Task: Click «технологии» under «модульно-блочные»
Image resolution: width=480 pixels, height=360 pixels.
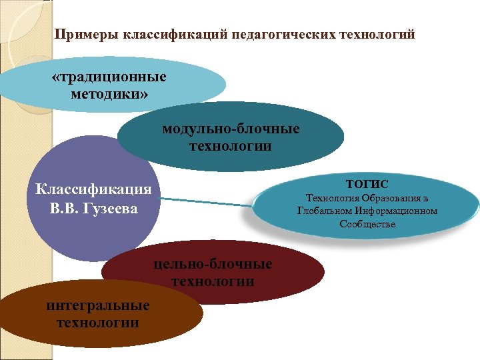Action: tap(231, 145)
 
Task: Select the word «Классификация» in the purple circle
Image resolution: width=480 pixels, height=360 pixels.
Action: tap(93, 189)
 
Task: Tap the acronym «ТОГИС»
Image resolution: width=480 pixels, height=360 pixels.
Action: tap(367, 183)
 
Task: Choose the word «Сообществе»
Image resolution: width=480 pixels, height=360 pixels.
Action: tap(367, 224)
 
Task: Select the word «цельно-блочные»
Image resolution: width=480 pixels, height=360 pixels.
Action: tap(213, 264)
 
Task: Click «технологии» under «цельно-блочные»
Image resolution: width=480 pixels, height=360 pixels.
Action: tap(213, 281)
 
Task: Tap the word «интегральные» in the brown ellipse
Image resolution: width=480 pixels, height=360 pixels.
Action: tap(98, 306)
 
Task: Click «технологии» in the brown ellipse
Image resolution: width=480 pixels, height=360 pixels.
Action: tap(98, 323)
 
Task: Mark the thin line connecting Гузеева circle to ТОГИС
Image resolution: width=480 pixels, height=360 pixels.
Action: tap(207, 201)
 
